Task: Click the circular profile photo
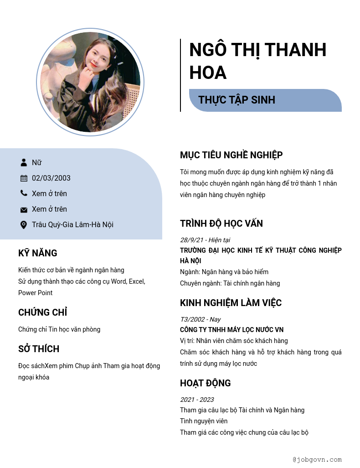point(90,82)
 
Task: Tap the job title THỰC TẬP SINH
point(237,100)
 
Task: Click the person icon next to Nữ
point(24,162)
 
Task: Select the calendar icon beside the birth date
point(24,178)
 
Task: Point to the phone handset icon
point(24,193)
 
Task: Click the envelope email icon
point(24,209)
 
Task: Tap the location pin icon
point(24,224)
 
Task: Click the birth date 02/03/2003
point(51,178)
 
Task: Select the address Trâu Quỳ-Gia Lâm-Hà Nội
point(72,224)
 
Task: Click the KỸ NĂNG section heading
point(38,253)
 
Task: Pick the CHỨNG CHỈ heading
point(43,312)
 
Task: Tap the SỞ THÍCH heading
point(39,349)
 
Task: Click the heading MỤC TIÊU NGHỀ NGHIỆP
point(231,155)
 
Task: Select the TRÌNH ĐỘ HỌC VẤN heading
point(221,224)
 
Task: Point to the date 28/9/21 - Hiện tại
point(205,240)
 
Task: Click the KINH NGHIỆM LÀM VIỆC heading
point(231,303)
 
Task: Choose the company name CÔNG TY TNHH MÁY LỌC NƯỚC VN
point(232,330)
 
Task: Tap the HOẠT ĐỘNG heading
point(206,383)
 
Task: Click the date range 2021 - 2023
point(197,400)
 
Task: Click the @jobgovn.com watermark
point(317,460)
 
